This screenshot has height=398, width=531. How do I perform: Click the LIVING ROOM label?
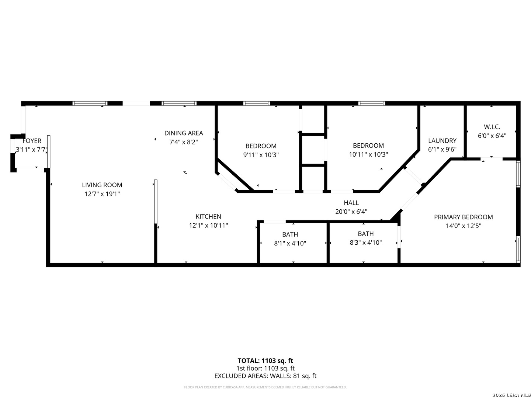(x=102, y=185)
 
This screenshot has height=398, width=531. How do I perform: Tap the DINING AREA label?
(x=184, y=133)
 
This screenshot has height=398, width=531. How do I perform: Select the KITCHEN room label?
(x=208, y=217)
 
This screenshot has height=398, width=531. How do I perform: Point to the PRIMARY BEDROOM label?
(x=463, y=217)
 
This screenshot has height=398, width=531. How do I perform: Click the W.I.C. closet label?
(x=492, y=127)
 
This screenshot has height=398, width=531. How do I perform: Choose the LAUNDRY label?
(x=442, y=141)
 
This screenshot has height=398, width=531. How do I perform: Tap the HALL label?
(x=351, y=203)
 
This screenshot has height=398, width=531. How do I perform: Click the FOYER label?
(x=32, y=141)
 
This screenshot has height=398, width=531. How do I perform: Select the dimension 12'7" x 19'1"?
(x=102, y=194)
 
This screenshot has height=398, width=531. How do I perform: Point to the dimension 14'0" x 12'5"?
(x=464, y=226)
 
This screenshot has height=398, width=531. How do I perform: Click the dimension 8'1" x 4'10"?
(x=290, y=243)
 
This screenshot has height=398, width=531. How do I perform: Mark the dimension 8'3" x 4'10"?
(x=366, y=242)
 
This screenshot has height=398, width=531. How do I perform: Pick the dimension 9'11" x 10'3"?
(x=261, y=155)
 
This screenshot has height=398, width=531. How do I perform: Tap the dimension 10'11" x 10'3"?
(x=368, y=154)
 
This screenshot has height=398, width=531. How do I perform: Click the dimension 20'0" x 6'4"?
(x=351, y=212)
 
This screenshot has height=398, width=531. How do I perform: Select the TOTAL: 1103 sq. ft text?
(x=265, y=361)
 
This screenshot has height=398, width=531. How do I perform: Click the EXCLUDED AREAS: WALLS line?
(x=265, y=376)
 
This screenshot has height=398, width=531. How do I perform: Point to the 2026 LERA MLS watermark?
(x=511, y=395)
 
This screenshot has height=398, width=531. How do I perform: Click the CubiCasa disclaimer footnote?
(x=265, y=387)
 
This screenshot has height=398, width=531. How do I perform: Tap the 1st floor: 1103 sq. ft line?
(x=265, y=369)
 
